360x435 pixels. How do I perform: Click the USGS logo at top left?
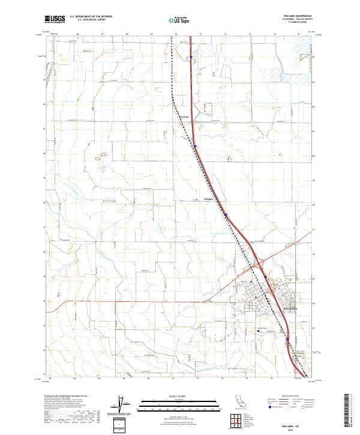[x=55, y=19]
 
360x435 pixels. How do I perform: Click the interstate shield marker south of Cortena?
[x=194, y=145]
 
